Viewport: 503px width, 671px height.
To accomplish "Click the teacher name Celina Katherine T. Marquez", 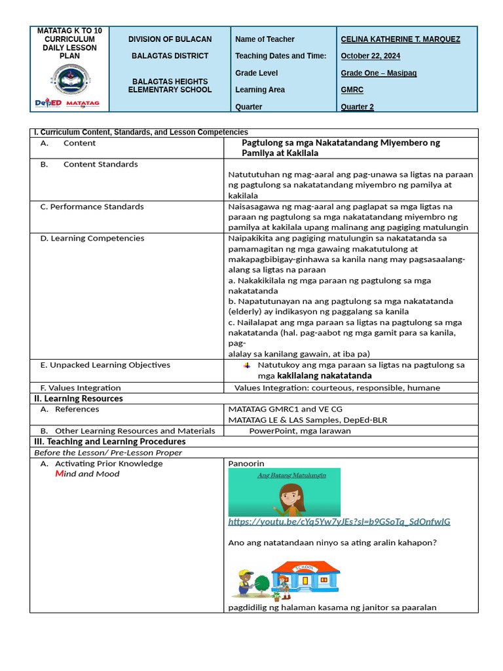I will point(400,39).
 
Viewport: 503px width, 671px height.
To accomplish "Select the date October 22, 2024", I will point(371,56).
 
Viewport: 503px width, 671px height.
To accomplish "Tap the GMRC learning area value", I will point(352,90).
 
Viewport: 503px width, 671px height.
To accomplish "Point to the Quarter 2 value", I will point(357,107).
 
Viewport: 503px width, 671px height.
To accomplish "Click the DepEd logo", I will point(48,104).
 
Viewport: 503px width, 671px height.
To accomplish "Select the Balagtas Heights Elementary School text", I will point(170,85).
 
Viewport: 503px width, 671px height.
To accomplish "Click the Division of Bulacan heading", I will point(170,39).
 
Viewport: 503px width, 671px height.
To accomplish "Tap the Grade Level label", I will point(256,73).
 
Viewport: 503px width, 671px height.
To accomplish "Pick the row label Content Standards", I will point(100,164).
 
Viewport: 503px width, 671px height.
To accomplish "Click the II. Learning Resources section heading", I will point(78,398).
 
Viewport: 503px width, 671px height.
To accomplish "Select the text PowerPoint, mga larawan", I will point(299,431).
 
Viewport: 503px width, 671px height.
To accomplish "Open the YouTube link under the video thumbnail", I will point(339,522).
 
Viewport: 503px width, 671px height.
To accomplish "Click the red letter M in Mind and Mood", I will point(59,474).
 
